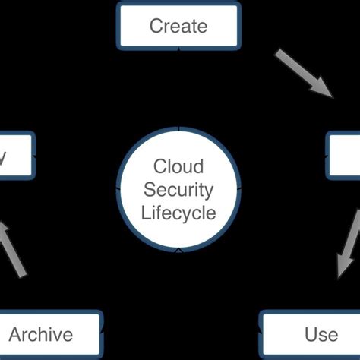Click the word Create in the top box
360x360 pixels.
click(x=178, y=26)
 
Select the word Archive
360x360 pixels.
click(x=41, y=334)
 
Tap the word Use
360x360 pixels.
click(x=321, y=334)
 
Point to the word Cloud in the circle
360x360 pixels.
click(x=178, y=166)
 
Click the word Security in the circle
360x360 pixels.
click(x=178, y=189)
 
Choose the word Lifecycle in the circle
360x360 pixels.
click(x=178, y=212)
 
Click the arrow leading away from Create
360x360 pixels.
click(x=303, y=74)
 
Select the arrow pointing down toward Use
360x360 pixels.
click(x=349, y=245)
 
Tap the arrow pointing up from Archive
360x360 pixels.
click(x=13, y=248)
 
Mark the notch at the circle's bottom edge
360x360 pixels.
click(x=178, y=248)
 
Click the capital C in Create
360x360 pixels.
click(x=156, y=26)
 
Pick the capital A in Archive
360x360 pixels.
click(x=14, y=334)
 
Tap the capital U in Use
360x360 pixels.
click(x=310, y=334)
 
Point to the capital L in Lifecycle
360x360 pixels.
click(x=146, y=212)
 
